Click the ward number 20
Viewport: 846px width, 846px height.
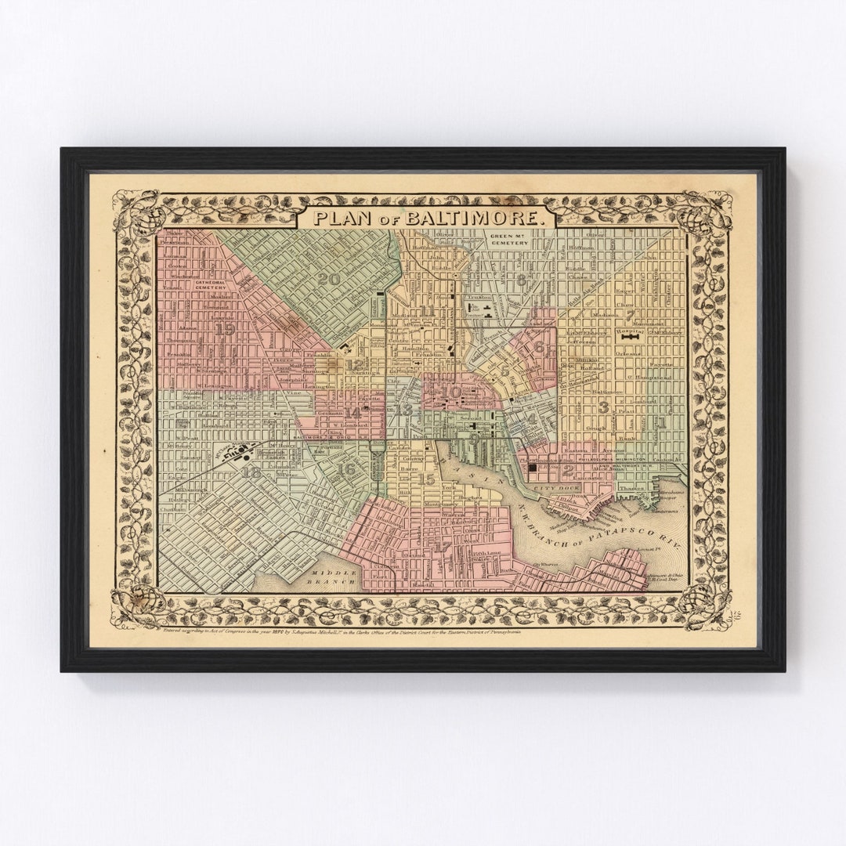tap(329, 279)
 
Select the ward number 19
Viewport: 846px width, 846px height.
tap(226, 329)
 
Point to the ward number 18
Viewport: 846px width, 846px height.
tap(251, 472)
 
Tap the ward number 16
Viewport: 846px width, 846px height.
tap(346, 468)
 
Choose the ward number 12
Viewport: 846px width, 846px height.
tap(355, 365)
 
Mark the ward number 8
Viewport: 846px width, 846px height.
tap(520, 280)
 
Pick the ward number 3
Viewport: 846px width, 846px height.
tap(602, 407)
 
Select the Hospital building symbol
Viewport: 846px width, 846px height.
tap(630, 338)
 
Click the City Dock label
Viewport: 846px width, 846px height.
tap(549, 488)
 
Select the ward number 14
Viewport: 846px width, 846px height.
tap(354, 413)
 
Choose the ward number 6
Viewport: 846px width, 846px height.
tap(539, 347)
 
